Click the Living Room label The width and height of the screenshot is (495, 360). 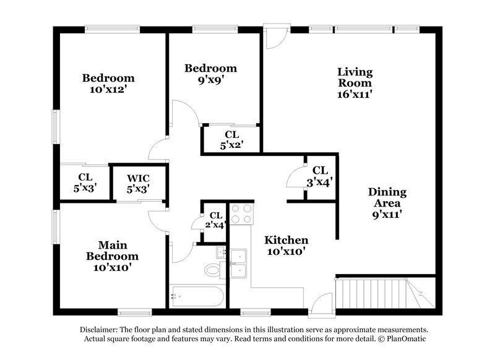click(x=355, y=83)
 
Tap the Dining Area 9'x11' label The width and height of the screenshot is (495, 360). click(x=387, y=202)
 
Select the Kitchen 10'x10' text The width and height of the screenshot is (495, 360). click(x=286, y=246)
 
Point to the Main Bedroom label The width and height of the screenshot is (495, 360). click(x=112, y=255)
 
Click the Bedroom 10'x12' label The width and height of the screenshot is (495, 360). click(x=108, y=84)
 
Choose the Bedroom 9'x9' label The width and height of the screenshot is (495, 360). click(x=211, y=74)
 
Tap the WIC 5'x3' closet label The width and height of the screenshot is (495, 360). click(x=139, y=184)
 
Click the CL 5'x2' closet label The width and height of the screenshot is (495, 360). click(x=231, y=139)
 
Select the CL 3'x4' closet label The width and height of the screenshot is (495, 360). click(x=320, y=176)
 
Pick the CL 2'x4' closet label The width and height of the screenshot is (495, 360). click(x=214, y=220)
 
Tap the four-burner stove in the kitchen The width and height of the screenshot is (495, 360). click(x=241, y=213)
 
